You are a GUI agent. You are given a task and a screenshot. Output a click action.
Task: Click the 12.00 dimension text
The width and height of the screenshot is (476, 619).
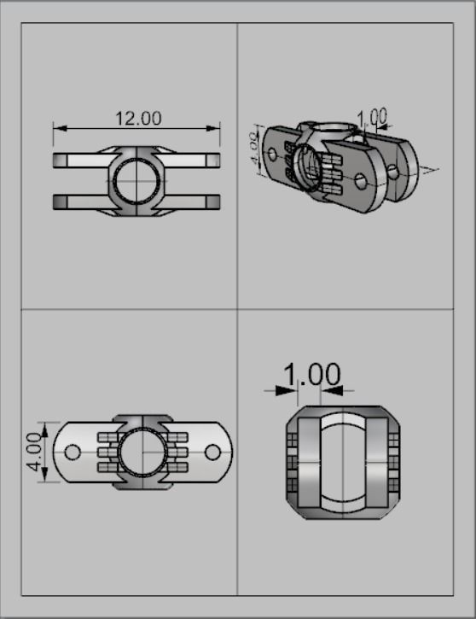pyautogui.click(x=138, y=119)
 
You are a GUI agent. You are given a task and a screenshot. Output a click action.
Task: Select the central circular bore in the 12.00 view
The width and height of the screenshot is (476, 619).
pyautogui.click(x=136, y=180)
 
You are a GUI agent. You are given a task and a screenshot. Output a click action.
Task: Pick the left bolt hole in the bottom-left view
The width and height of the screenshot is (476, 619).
pyautogui.click(x=73, y=451)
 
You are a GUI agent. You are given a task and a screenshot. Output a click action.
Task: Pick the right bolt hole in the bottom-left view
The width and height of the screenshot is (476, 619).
pyautogui.click(x=213, y=451)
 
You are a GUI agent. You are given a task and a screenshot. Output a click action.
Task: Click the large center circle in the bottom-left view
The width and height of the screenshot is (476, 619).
pyautogui.click(x=142, y=451)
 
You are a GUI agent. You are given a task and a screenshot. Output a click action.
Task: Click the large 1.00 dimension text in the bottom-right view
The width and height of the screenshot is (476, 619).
pyautogui.click(x=311, y=374)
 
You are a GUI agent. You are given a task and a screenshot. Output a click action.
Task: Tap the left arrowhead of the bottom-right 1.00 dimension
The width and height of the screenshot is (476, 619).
pyautogui.click(x=292, y=390)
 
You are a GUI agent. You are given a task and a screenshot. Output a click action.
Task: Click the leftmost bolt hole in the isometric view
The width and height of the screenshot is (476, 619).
pyautogui.click(x=272, y=155)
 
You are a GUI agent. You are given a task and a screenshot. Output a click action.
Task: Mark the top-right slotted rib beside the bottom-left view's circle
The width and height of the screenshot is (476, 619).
pyautogui.click(x=177, y=437)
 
